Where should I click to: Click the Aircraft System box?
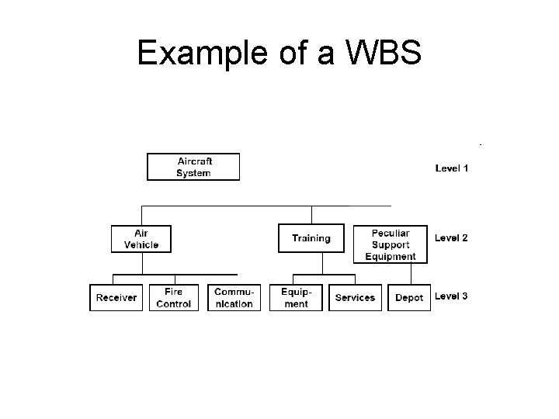click(193, 167)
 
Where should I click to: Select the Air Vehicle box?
click(141, 239)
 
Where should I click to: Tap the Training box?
click(311, 239)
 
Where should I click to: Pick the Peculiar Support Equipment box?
click(390, 244)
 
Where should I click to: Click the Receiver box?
click(116, 298)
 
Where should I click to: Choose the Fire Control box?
click(174, 298)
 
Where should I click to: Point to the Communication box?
click(234, 298)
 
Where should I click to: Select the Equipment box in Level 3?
click(295, 298)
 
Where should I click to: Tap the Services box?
click(355, 298)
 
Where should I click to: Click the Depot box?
click(409, 298)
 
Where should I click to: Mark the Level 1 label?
click(451, 168)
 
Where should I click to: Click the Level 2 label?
click(451, 238)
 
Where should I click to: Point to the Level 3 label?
click(451, 296)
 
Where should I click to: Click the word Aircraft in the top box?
click(195, 161)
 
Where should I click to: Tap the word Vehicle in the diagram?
click(141, 244)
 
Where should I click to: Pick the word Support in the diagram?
click(391, 244)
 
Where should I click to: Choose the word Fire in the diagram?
click(174, 292)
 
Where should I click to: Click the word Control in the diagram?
click(174, 303)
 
